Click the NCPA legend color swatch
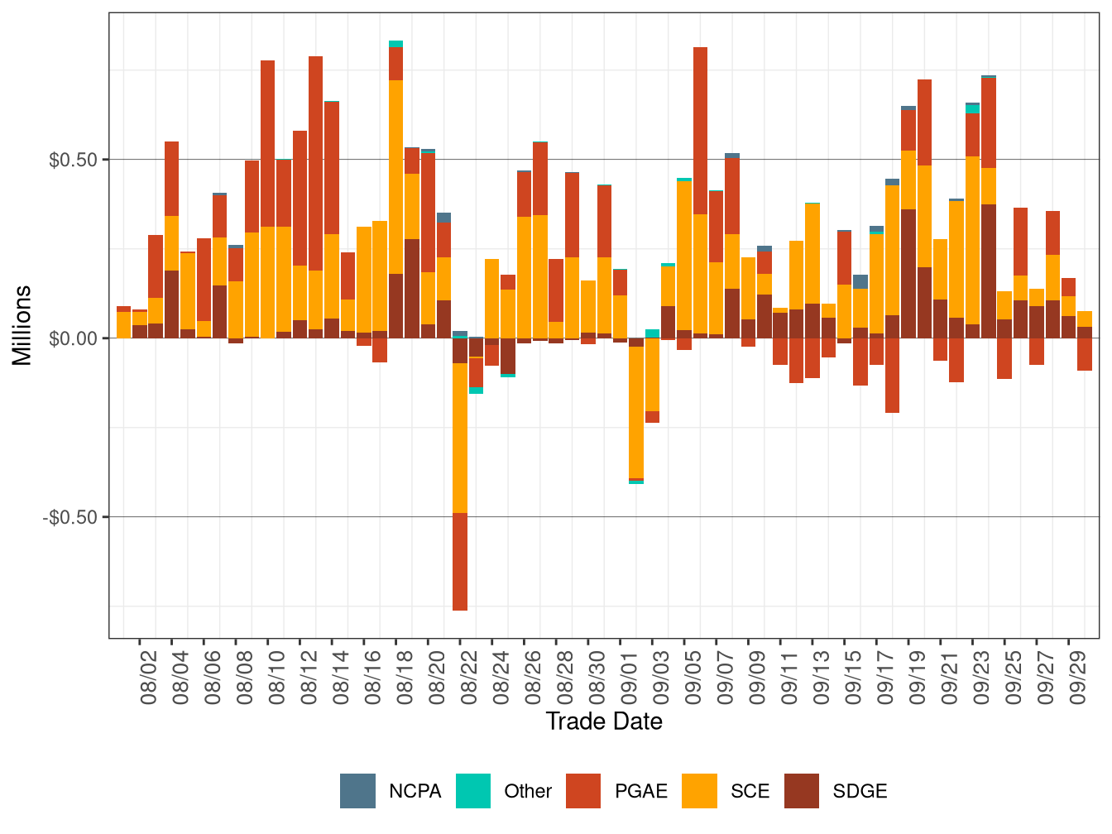pyautogui.click(x=357, y=791)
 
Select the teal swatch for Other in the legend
pyautogui.click(x=473, y=791)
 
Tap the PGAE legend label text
pyautogui.click(x=640, y=791)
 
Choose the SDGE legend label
pyautogui.click(x=860, y=791)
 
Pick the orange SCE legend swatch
pyautogui.click(x=699, y=791)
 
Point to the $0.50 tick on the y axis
pyautogui.click(x=74, y=160)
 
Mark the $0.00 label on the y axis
pyautogui.click(x=74, y=338)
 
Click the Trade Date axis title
pyautogui.click(x=604, y=721)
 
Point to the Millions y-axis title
pyautogui.click(x=22, y=325)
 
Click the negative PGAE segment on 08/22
pyautogui.click(x=460, y=562)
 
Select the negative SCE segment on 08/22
pyautogui.click(x=460, y=438)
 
